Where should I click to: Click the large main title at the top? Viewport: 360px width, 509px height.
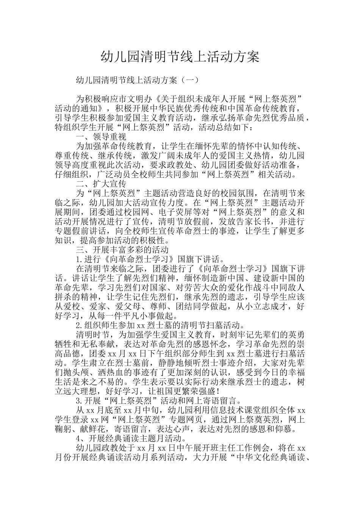[x=180, y=57]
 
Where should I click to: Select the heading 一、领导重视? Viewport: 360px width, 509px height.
[x=101, y=137]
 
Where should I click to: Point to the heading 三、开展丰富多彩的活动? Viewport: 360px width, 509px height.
[x=122, y=250]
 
